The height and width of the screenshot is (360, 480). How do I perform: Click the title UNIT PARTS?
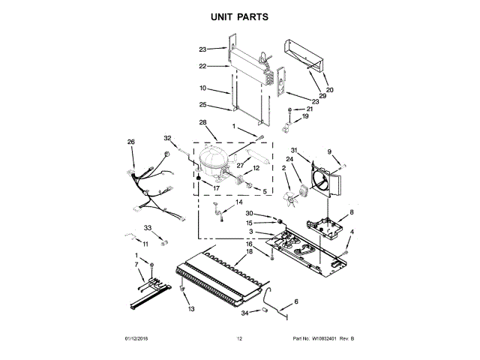click(x=239, y=16)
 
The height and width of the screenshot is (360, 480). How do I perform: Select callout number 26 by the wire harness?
click(x=131, y=142)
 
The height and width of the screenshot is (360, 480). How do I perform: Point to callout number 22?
click(x=202, y=67)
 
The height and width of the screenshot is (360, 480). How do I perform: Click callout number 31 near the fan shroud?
click(x=295, y=150)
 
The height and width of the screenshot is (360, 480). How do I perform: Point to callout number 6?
click(x=295, y=301)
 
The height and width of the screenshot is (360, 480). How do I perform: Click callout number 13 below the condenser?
click(x=190, y=309)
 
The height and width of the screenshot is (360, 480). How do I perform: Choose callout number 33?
click(x=148, y=227)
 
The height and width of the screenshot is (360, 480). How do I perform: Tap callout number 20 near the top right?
click(x=329, y=90)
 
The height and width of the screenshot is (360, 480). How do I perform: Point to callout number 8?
click(x=352, y=213)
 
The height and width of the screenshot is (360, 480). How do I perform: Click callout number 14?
click(x=240, y=202)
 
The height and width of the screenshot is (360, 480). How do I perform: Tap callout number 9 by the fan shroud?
click(x=329, y=153)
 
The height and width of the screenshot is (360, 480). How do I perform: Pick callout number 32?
click(x=168, y=138)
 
